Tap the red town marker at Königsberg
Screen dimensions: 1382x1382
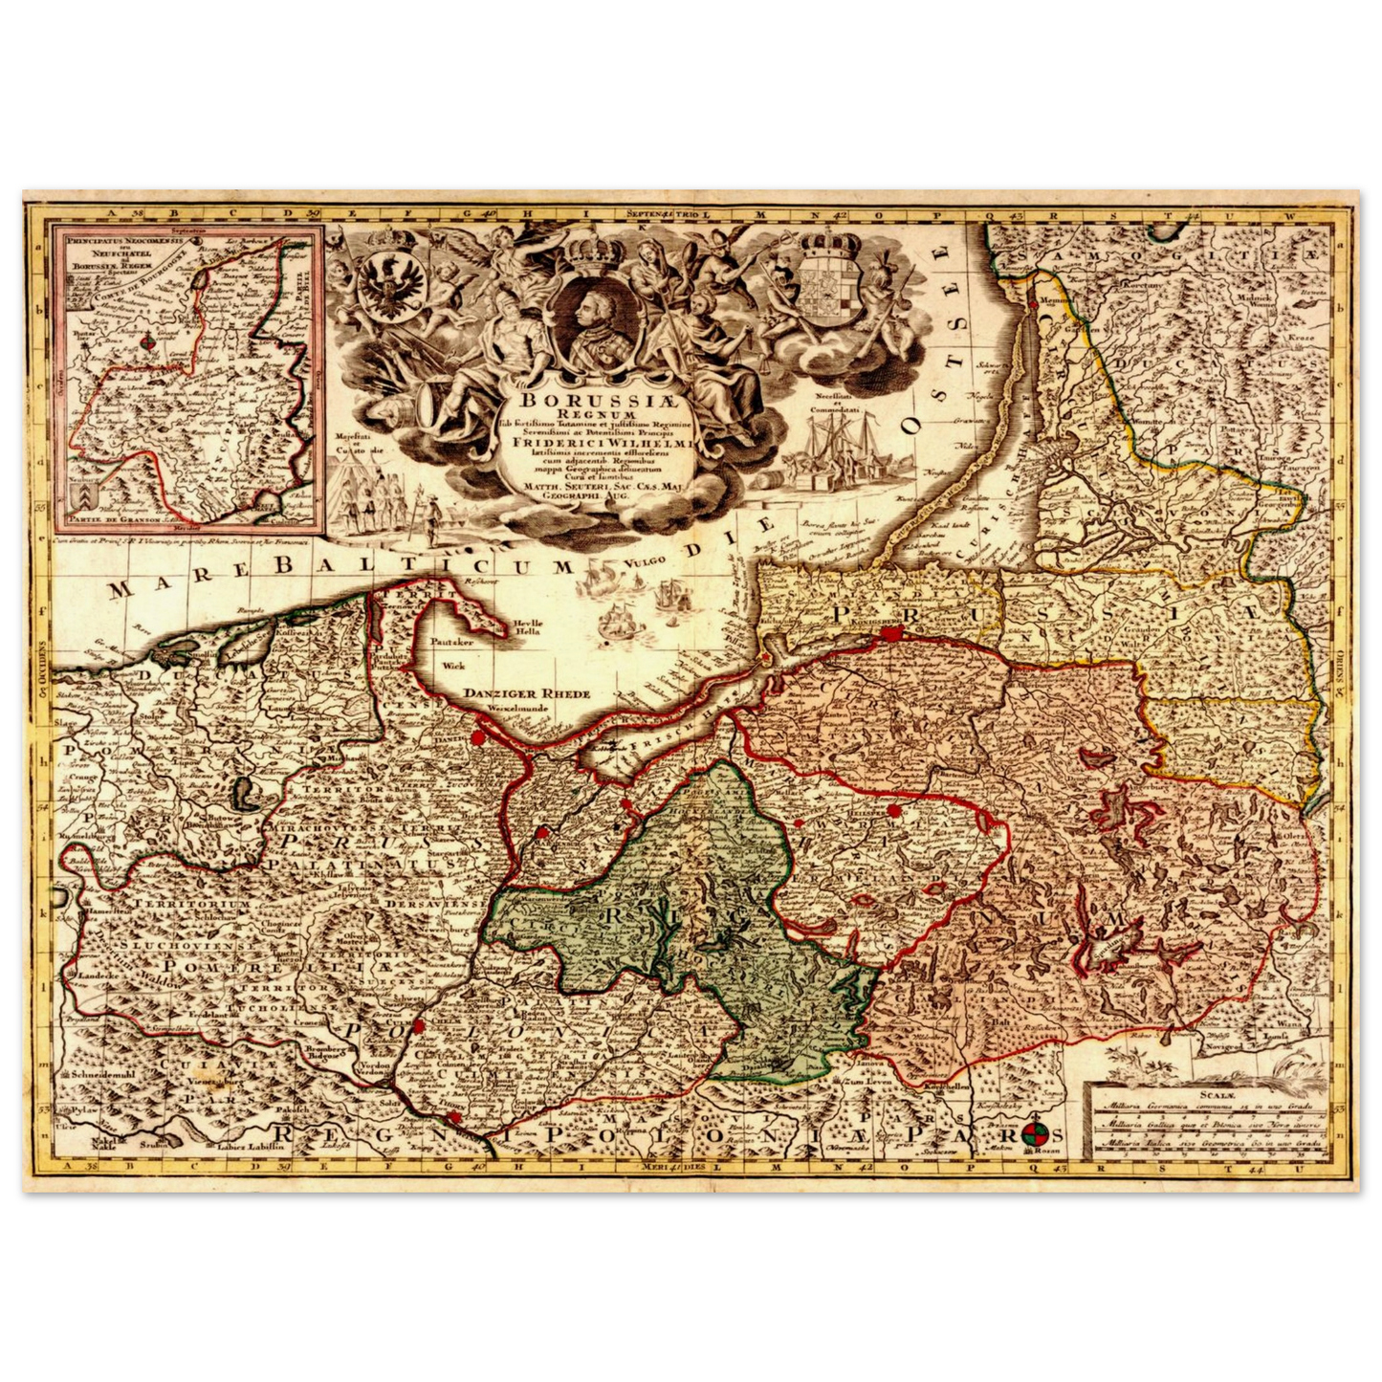pyautogui.click(x=891, y=632)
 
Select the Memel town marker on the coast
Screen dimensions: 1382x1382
pyautogui.click(x=1032, y=304)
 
